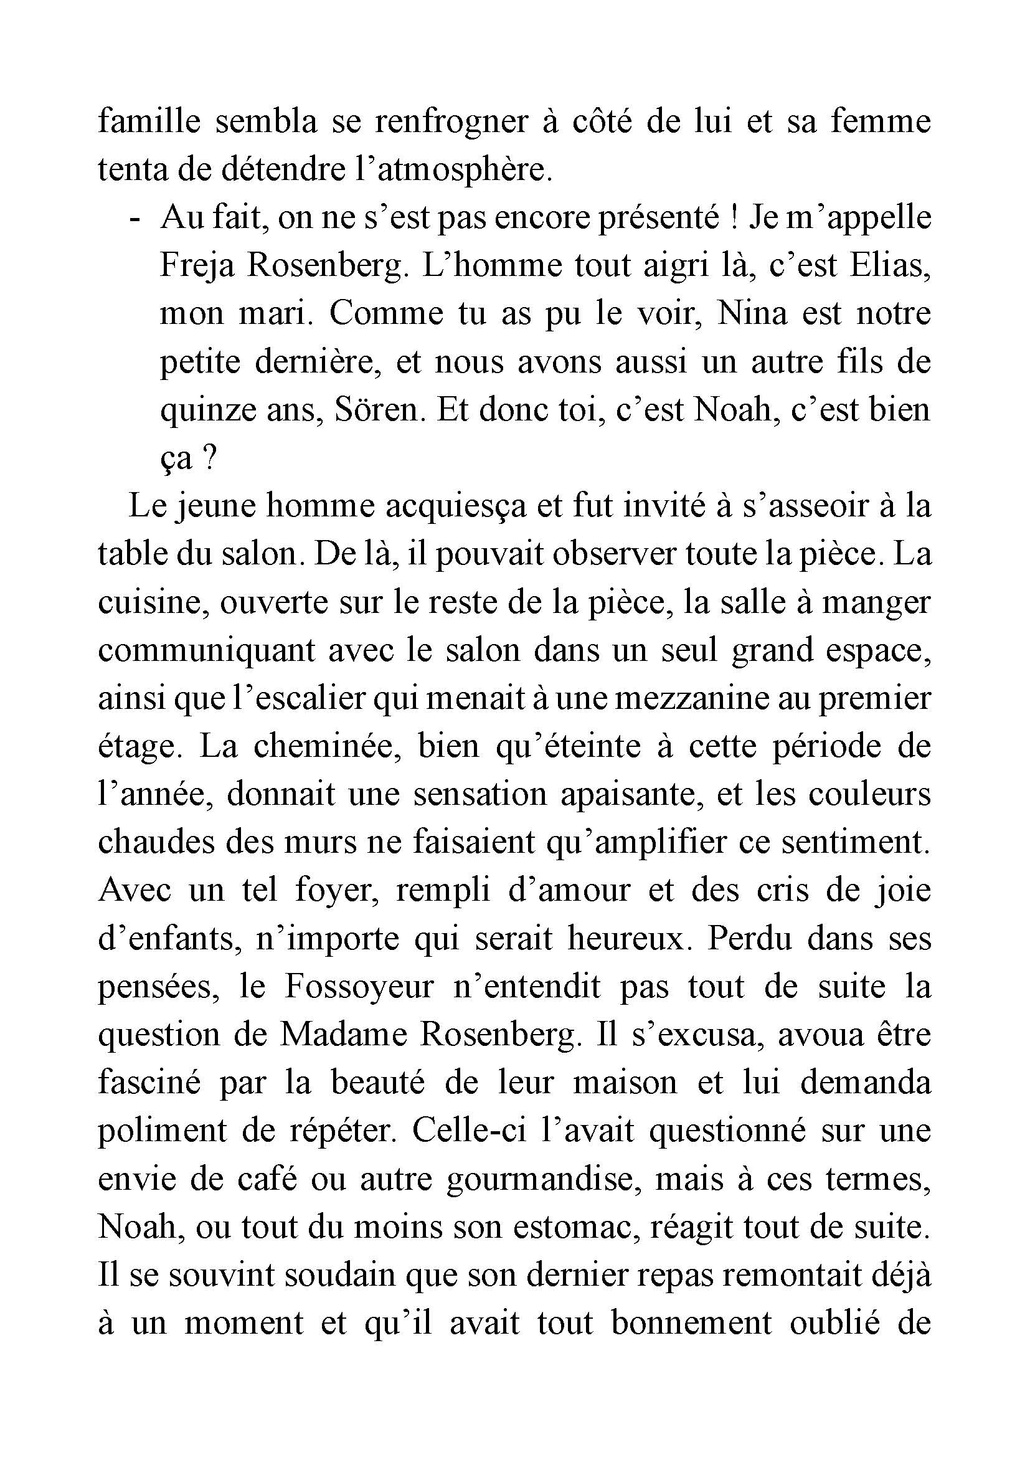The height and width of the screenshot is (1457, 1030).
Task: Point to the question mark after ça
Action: pos(212,458)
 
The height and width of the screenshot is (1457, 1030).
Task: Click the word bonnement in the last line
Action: pos(691,1323)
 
